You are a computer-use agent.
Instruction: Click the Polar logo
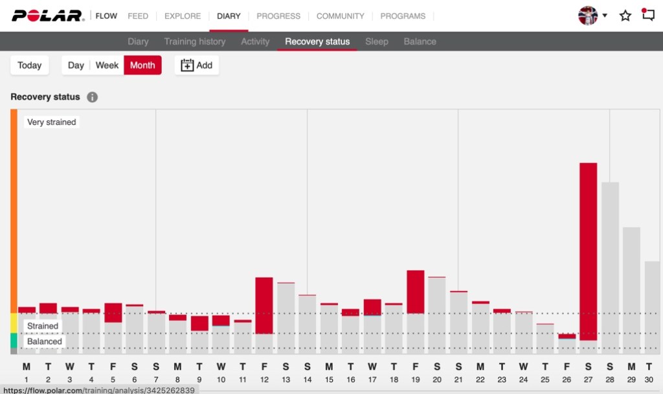click(48, 16)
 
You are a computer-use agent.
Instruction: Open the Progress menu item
click(278, 16)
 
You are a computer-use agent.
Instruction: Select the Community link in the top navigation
click(340, 16)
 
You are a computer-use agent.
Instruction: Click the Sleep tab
click(376, 41)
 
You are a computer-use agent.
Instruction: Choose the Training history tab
click(194, 41)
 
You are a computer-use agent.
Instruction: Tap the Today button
click(30, 65)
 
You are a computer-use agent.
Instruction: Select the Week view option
click(107, 65)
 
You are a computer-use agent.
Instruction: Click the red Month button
click(142, 65)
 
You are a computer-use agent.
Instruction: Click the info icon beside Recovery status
click(93, 97)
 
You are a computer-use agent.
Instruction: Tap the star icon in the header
click(625, 16)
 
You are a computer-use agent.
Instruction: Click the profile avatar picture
click(587, 16)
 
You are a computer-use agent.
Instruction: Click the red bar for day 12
click(264, 305)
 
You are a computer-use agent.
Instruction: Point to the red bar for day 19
click(415, 292)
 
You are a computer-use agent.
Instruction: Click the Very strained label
click(52, 122)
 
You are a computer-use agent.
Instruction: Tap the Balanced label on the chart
click(45, 342)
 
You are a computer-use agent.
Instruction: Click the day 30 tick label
click(649, 379)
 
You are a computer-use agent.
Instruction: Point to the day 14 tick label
click(307, 379)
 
